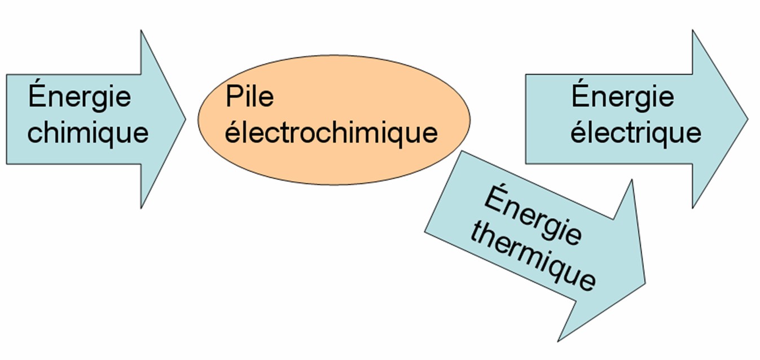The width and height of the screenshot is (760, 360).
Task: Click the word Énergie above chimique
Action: click(x=80, y=96)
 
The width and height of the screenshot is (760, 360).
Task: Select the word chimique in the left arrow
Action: click(x=88, y=133)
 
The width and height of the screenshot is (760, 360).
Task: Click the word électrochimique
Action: click(x=332, y=134)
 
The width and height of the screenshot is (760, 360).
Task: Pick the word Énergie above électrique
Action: click(x=622, y=96)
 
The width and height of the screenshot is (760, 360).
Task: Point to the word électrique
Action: click(x=635, y=133)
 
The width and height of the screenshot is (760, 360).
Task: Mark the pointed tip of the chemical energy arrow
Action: click(x=185, y=118)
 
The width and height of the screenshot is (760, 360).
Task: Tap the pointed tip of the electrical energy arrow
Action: click(x=747, y=118)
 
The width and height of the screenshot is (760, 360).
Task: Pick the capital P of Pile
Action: click(x=233, y=97)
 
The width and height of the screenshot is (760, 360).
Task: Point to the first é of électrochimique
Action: click(x=233, y=133)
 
